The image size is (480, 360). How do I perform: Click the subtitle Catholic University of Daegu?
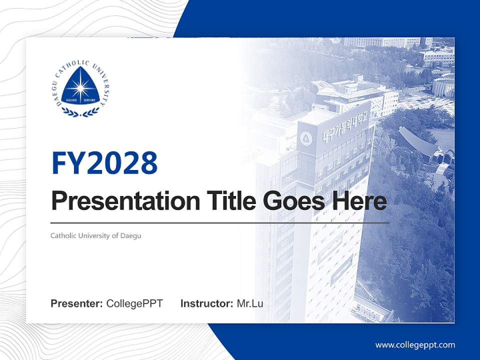(95, 235)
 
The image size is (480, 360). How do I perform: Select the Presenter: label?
(77, 303)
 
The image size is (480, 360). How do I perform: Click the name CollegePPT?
(134, 303)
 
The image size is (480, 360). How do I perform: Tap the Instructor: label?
(206, 303)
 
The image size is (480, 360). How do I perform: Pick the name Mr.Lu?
(250, 303)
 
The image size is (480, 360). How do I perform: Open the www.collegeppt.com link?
(415, 344)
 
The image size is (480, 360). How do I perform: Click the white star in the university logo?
(80, 88)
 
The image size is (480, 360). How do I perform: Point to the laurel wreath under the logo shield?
(80, 112)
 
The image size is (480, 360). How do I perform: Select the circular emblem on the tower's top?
(305, 137)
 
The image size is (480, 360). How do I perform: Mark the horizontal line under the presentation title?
(220, 222)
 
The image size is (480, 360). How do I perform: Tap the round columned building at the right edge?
(443, 86)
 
